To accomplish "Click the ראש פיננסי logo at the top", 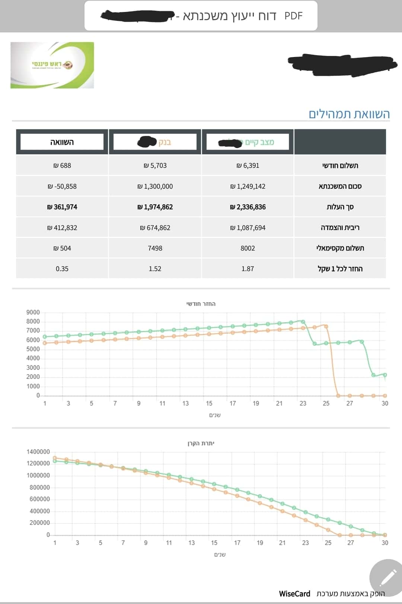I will coord(52,65).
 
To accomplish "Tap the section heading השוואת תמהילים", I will coord(349,114).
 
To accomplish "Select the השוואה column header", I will coord(62,142).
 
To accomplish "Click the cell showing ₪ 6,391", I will coord(248,166).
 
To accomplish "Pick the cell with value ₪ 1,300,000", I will coord(155,186).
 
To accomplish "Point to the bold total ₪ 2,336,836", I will coord(248,207).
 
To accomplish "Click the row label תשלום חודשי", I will coord(340,166).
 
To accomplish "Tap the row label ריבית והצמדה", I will coord(340,228).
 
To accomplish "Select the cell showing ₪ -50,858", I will coord(62,186).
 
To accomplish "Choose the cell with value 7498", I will coord(155,248).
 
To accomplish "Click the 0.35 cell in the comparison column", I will coord(62,269).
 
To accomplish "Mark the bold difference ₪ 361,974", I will coord(62,207).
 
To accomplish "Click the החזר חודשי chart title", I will coord(201,304).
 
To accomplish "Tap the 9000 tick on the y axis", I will coord(33,312).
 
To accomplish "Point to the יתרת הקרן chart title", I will coord(201,443).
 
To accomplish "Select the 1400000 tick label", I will coord(38,452).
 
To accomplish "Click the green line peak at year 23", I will coord(303,321).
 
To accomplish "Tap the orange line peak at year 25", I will coord(326,326).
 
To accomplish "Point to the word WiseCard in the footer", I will coord(294,594).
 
